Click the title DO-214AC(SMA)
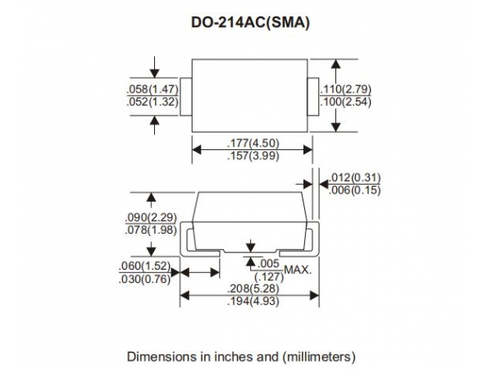click(x=250, y=23)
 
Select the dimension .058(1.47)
click(x=153, y=89)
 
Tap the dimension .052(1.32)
click(x=153, y=102)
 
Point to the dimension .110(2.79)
click(x=345, y=89)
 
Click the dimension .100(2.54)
click(x=345, y=102)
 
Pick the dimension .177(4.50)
click(x=253, y=143)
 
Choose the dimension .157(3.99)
click(x=253, y=156)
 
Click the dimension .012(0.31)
click(x=354, y=178)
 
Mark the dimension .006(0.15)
click(x=354, y=190)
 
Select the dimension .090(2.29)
click(x=151, y=217)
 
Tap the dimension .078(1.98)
click(x=151, y=230)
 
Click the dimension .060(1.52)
click(x=145, y=266)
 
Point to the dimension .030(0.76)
click(x=145, y=279)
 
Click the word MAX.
click(x=298, y=270)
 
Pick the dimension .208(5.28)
click(x=253, y=289)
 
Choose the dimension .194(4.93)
click(x=253, y=301)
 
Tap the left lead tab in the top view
click(x=186, y=97)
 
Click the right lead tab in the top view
click(x=313, y=97)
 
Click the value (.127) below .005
click(x=269, y=277)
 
